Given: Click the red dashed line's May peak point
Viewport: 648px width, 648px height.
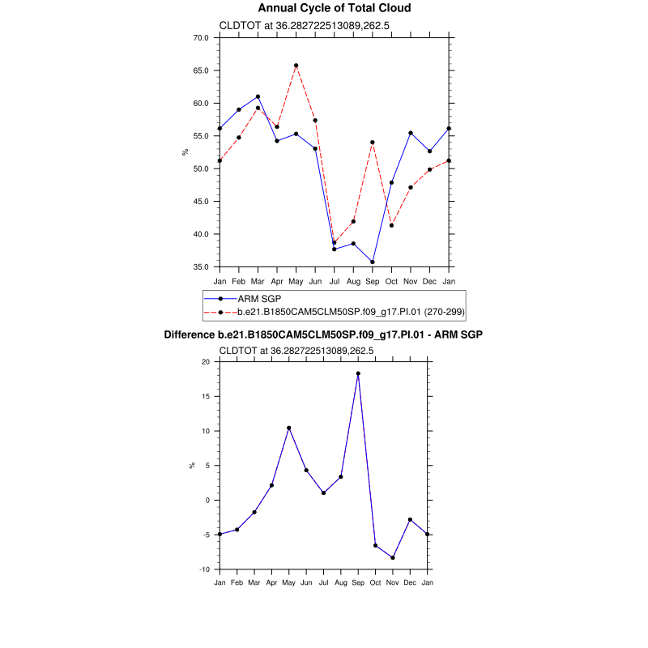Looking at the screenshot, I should pos(296,66).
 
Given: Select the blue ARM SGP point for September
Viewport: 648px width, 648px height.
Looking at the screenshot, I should pos(372,262).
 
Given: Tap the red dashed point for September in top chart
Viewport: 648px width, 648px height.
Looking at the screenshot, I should pos(372,142).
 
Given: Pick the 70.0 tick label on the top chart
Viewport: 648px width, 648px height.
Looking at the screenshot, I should pos(201,38).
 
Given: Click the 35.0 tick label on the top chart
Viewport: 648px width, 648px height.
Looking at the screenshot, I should pos(201,266).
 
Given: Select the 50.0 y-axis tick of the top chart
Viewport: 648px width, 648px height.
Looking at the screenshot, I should pos(201,168).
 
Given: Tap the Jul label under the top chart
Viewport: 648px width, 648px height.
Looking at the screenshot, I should pos(334,280).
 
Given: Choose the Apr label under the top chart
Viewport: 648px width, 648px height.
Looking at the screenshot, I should pos(276,280).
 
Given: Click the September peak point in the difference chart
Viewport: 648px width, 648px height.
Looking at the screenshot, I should pos(358,373).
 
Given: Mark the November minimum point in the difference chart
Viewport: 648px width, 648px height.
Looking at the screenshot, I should pos(393,557).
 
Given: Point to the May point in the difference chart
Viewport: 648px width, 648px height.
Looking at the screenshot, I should pos(288,428).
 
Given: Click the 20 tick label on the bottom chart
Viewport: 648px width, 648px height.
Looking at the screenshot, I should pos(205,362).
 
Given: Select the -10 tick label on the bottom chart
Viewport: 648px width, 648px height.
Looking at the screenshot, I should pos(203,569).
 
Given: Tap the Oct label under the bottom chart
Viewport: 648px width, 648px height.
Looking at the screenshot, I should pos(375,582).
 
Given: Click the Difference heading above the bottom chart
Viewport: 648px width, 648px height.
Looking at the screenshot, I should pos(329,335).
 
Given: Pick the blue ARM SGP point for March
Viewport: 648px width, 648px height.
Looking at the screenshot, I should pos(258,96).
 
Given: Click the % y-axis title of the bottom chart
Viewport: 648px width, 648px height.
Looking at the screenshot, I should pos(192,465).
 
